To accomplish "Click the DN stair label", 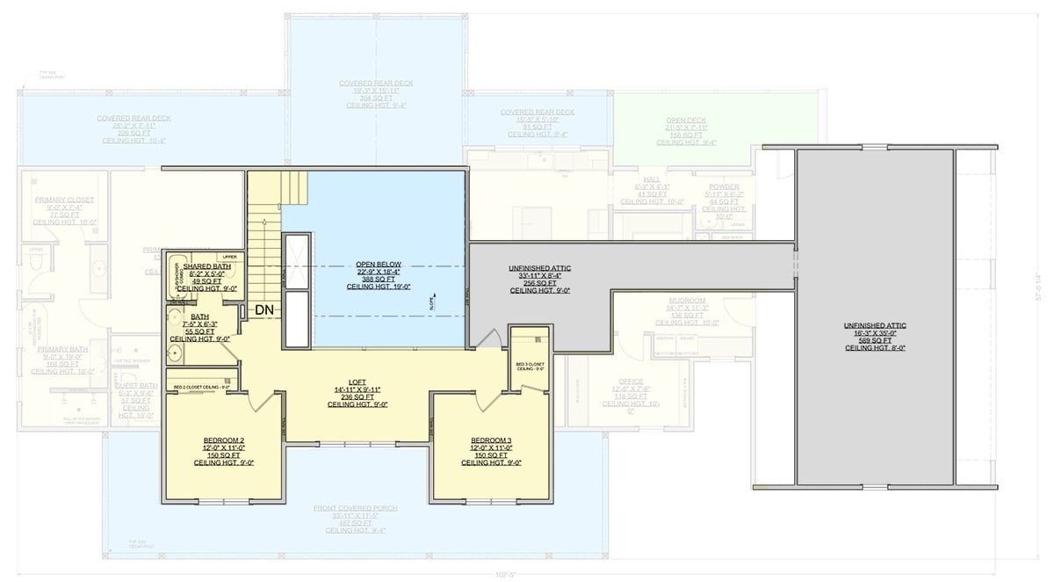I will [x=264, y=309].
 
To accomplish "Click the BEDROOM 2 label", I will [x=223, y=440].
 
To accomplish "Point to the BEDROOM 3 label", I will [x=491, y=440].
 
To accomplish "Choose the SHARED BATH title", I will [x=207, y=266].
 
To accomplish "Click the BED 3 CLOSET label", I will [x=530, y=363].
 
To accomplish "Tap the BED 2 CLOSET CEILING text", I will [x=201, y=387].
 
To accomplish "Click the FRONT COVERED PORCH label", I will [x=355, y=508].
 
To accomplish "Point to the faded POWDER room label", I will [x=724, y=187].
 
